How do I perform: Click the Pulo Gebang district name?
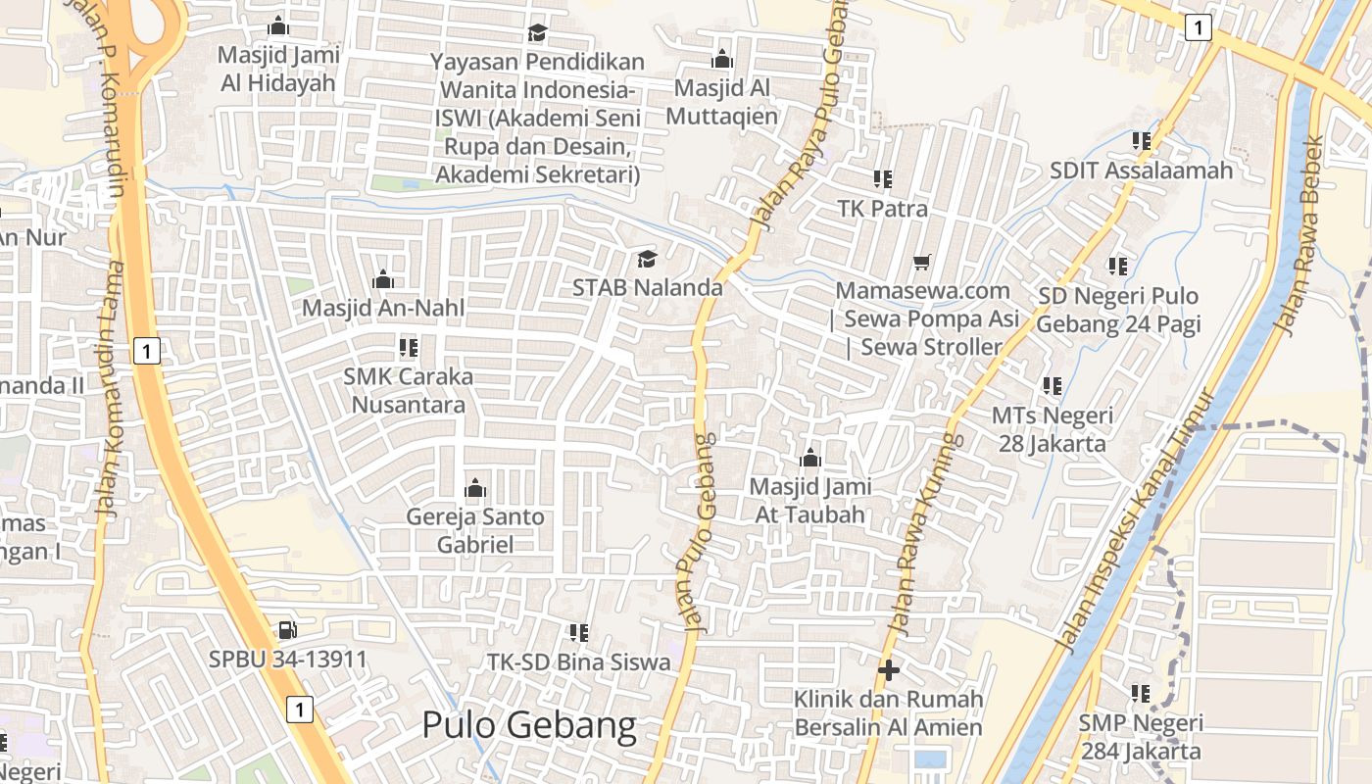tap(529, 726)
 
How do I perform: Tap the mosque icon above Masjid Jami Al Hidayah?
tap(278, 25)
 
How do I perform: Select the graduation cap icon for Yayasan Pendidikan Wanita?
tap(536, 33)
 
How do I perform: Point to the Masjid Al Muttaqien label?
tap(722, 102)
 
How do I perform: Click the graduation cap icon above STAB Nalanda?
tap(647, 259)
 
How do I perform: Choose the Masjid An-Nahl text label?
tap(383, 308)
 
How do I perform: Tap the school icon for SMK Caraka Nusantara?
tap(409, 348)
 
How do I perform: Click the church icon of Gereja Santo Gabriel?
tap(475, 487)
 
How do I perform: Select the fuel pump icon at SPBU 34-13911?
tap(287, 630)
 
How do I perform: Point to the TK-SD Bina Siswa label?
tap(579, 662)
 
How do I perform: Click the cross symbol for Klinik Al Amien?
tap(889, 670)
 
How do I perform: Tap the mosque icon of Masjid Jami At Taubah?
tap(809, 458)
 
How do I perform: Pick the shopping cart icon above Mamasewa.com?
tap(921, 262)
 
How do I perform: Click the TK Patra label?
tap(882, 209)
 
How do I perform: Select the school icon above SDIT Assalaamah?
tap(1141, 141)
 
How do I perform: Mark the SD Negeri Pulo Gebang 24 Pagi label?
tap(1118, 310)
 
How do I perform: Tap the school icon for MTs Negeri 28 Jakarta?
tap(1053, 386)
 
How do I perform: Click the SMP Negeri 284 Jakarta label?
tap(1141, 737)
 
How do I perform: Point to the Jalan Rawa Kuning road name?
tap(922, 534)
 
